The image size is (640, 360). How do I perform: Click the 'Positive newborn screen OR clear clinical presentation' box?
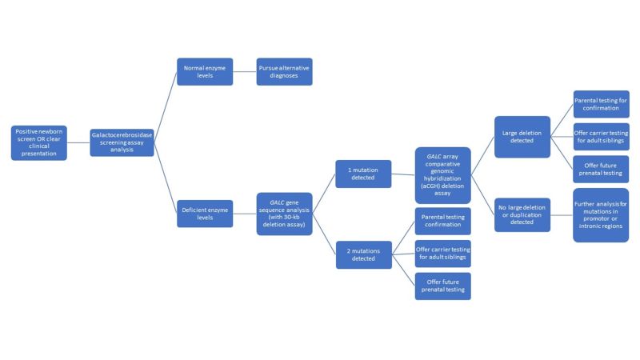coord(38,142)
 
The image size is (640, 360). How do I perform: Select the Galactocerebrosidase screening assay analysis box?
coord(122,142)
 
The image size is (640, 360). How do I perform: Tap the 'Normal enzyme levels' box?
coord(204,72)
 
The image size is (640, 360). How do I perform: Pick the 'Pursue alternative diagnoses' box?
coord(284,72)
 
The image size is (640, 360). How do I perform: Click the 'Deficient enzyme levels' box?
coord(204,214)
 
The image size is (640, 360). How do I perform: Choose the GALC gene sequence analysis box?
coord(284,214)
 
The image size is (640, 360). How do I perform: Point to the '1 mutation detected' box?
coord(363,174)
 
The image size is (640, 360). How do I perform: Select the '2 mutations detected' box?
coord(363,254)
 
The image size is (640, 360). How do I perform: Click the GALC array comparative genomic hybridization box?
coord(442,174)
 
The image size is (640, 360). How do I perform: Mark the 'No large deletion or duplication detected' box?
coord(522,214)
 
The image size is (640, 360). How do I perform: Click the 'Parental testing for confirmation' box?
coord(601,104)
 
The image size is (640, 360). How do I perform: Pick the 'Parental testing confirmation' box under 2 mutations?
coord(442,220)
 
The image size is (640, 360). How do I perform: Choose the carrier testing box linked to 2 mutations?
coord(442,254)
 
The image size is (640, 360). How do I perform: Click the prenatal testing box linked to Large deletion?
coord(601,169)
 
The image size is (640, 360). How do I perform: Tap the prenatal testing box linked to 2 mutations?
coord(442,286)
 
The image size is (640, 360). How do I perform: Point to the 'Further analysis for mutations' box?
coord(601,215)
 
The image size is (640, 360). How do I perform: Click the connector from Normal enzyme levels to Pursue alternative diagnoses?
coord(244,72)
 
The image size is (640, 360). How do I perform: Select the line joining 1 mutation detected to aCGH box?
coord(403,174)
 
